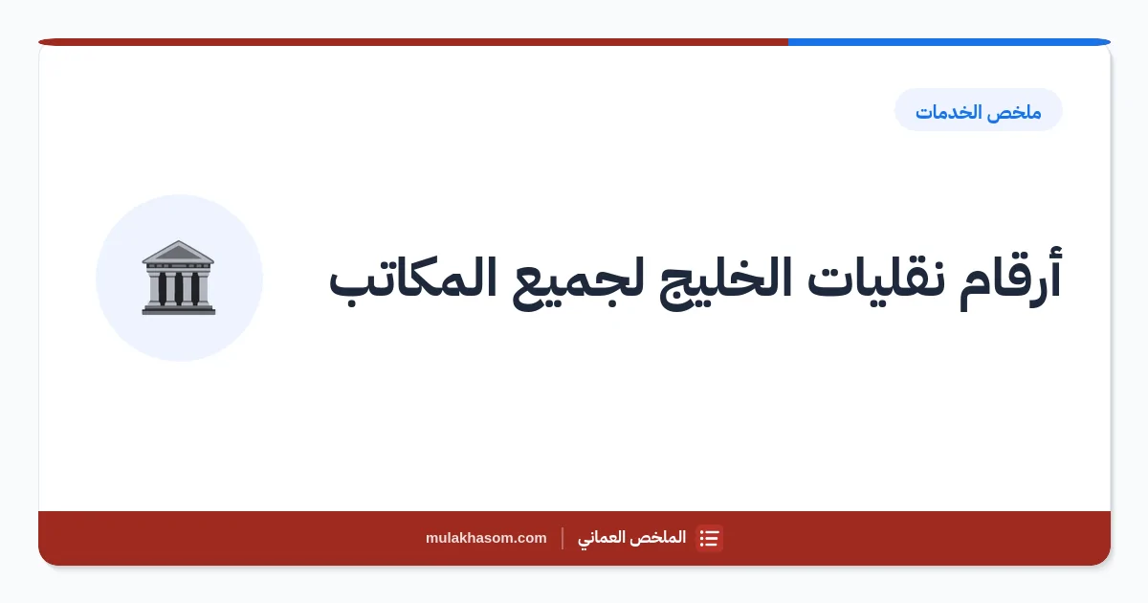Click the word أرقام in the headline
1010,279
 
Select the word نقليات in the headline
876,279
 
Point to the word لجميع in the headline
578,283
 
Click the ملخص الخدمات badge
979,110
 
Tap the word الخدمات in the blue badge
948,112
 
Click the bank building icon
178,278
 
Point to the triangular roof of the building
178,251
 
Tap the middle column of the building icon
179,288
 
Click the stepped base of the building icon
178,309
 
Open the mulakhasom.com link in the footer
486,538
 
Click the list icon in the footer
709,538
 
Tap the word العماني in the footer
605,538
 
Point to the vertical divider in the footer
563,538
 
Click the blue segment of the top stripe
949,42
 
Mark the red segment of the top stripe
413,42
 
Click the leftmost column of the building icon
163,288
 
